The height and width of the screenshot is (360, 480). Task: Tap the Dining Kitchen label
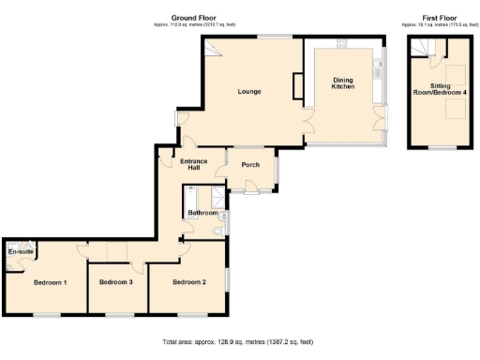[344, 83]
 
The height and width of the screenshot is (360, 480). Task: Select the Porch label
[250, 165]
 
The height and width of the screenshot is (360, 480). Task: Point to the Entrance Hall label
[193, 164]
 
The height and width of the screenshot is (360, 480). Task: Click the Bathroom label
[202, 213]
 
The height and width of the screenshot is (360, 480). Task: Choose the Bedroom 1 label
[50, 281]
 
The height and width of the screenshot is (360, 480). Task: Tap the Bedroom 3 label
[116, 281]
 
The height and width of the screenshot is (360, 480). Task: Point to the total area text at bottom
[237, 342]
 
